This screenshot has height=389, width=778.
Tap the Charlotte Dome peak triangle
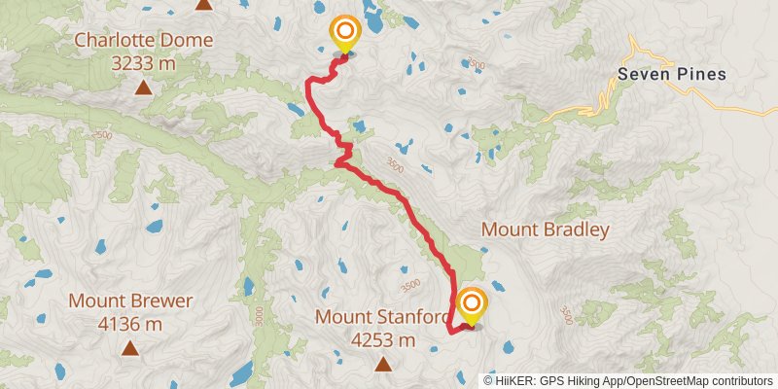pyautogui.click(x=143, y=88)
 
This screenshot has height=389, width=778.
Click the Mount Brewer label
pyautogui.click(x=130, y=301)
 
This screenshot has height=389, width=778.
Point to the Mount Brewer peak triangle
pyautogui.click(x=129, y=346)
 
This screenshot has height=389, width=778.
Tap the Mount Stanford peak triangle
pyautogui.click(x=383, y=364)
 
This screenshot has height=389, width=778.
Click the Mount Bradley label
pyautogui.click(x=545, y=230)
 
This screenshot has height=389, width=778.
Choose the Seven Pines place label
pyautogui.click(x=671, y=74)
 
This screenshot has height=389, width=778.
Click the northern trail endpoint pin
pyautogui.click(x=343, y=35)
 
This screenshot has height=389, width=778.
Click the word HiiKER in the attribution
pyautogui.click(x=517, y=380)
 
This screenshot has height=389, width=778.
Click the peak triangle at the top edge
pyautogui.click(x=203, y=4)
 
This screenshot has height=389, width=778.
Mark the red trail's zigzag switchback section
pyautogui.click(x=342, y=151)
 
